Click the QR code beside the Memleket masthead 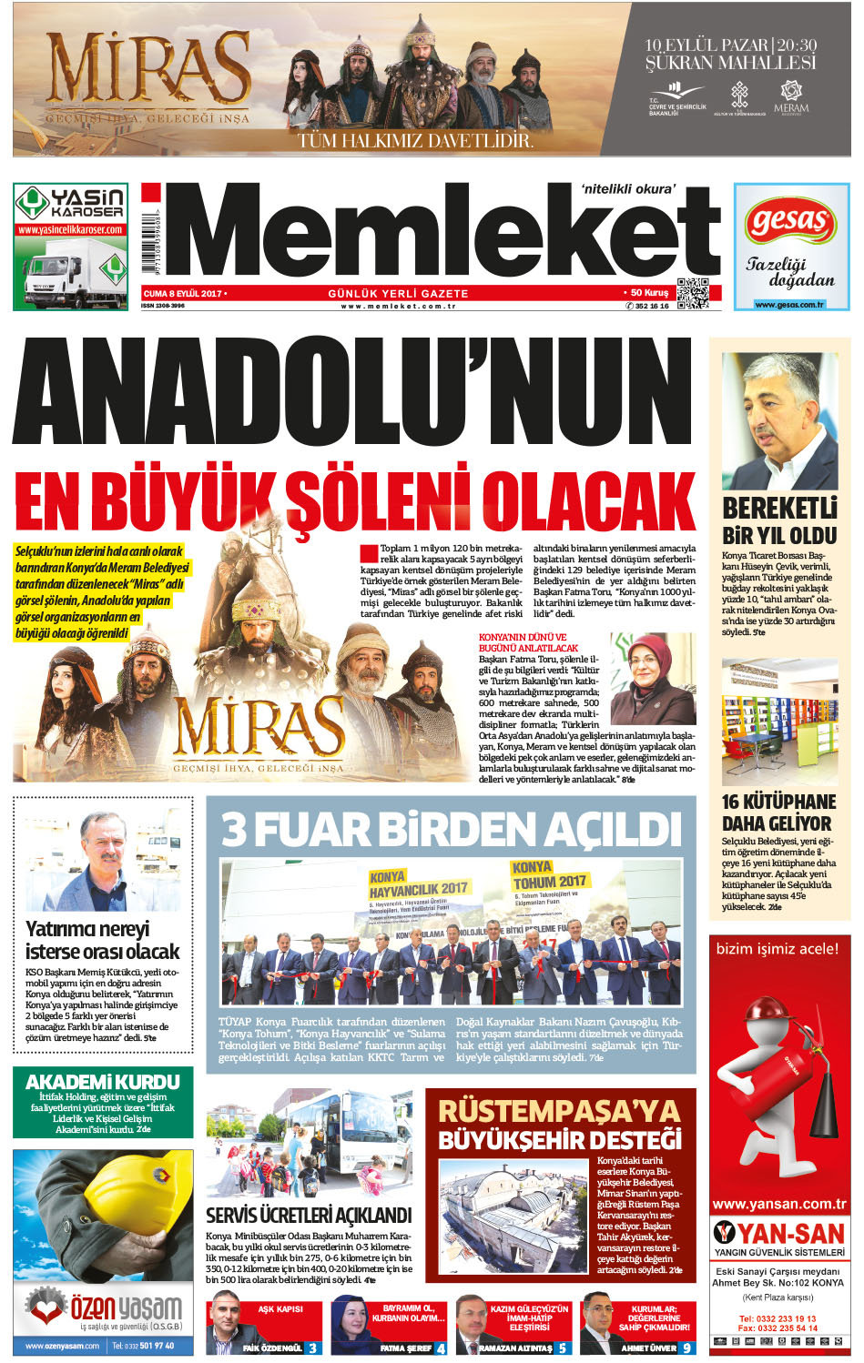pos(692,292)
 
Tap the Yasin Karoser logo pos(71,203)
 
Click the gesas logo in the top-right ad pos(790,222)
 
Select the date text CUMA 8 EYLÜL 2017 pos(182,294)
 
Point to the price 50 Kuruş pos(649,293)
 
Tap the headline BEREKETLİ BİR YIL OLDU pos(779,521)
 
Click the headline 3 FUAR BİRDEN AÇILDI pos(451,829)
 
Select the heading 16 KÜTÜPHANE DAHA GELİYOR pos(778,813)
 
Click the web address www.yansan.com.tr pos(779,1204)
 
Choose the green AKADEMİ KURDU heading pos(103,1082)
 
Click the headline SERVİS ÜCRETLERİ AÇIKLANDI pos(309,1215)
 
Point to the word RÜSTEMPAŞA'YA pos(559,1111)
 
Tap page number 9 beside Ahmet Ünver pos(686,1348)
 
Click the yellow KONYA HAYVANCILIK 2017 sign pos(418,883)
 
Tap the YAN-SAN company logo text pos(790,1233)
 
